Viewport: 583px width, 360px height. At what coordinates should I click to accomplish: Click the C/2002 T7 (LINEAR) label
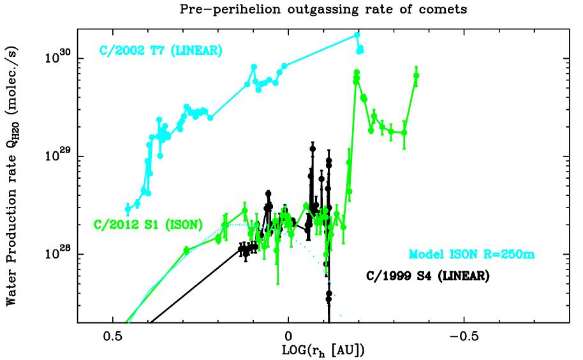pyautogui.click(x=160, y=50)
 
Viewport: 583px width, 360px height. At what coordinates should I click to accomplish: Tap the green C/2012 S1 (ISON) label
pyautogui.click(x=148, y=223)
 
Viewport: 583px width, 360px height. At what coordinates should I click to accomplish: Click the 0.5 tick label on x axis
pyautogui.click(x=113, y=336)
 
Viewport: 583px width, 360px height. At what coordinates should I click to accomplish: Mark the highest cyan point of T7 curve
pyautogui.click(x=357, y=34)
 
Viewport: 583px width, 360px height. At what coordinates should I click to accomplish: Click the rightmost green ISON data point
pyautogui.click(x=417, y=75)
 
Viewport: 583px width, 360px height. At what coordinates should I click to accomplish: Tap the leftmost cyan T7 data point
pyautogui.click(x=128, y=209)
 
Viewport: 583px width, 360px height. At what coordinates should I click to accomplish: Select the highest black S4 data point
pyautogui.click(x=313, y=148)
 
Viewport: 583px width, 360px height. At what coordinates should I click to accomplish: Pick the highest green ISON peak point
pyautogui.click(x=357, y=72)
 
